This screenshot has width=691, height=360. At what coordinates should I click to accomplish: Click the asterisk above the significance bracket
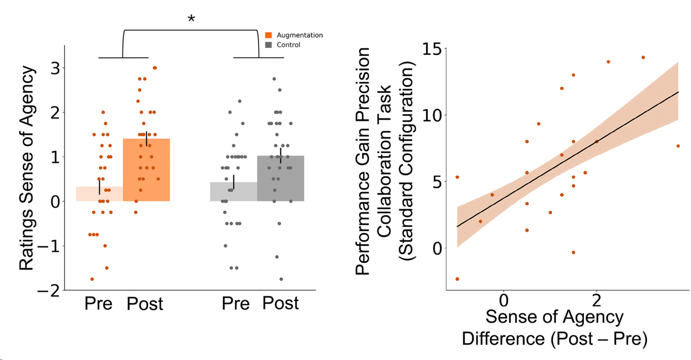click(191, 19)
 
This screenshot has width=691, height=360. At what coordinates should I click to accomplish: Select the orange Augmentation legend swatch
click(268, 35)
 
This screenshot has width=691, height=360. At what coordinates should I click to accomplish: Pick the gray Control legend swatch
click(268, 45)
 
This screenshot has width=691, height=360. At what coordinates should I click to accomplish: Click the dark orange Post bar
click(146, 173)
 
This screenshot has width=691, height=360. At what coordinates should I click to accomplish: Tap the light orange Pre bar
click(99, 194)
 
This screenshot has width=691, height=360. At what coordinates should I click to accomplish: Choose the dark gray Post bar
click(280, 180)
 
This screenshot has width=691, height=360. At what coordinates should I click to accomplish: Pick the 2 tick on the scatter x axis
click(596, 301)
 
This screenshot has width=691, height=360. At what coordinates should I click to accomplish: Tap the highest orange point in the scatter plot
click(643, 57)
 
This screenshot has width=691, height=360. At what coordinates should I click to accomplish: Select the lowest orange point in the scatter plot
click(457, 279)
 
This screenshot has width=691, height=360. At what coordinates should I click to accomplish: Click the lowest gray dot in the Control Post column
click(281, 279)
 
